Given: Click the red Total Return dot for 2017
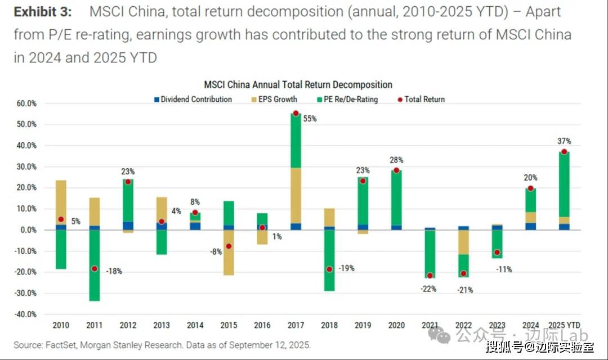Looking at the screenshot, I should pos(296,113).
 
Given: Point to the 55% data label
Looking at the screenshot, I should pos(310,119).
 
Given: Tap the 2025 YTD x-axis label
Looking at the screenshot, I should pos(564,325).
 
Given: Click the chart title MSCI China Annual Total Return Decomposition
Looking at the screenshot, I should pos(298,85).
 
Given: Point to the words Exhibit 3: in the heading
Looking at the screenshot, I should pos(43,12).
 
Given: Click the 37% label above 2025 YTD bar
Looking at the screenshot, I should pos(564,141).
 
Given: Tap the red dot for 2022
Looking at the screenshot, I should pos(463,274).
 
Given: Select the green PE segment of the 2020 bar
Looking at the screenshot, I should pos(396,197).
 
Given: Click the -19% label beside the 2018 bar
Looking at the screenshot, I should pos(346,268).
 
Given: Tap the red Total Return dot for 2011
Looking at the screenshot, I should pos(94,269).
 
